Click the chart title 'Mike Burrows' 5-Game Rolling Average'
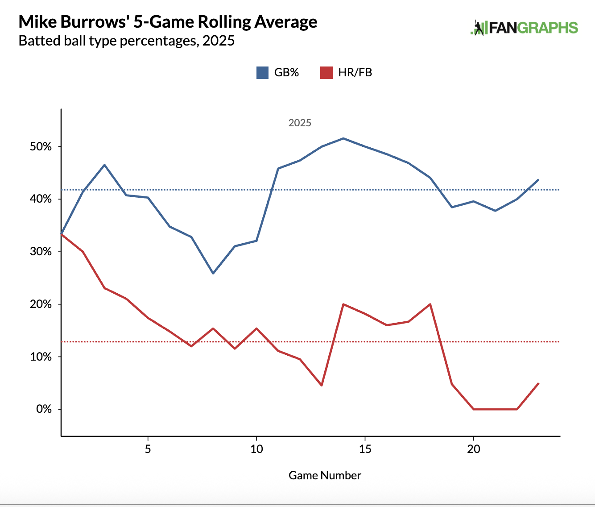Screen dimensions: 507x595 tap(168, 22)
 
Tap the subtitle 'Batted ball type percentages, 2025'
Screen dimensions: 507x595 tap(127, 41)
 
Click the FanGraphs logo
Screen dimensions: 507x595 tap(524, 28)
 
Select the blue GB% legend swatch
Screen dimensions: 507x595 tap(262, 72)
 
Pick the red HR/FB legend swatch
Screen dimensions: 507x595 tap(326, 72)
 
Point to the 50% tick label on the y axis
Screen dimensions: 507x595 tap(41, 147)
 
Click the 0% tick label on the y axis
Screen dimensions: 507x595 tap(44, 409)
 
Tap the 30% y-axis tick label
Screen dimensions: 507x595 tap(41, 252)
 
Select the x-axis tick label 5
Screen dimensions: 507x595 tap(148, 449)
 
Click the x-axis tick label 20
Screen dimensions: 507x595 tap(474, 449)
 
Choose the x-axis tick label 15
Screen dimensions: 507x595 tap(365, 449)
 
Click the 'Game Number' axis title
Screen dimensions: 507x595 tap(325, 475)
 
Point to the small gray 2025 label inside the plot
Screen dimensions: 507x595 tap(300, 123)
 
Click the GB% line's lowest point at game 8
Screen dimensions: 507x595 tap(213, 273)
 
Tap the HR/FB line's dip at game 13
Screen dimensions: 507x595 tap(322, 385)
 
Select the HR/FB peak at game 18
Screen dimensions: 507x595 tap(430, 304)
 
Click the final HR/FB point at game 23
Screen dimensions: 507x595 tap(539, 383)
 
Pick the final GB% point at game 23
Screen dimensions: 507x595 tap(539, 179)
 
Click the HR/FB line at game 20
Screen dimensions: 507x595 tap(474, 409)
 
